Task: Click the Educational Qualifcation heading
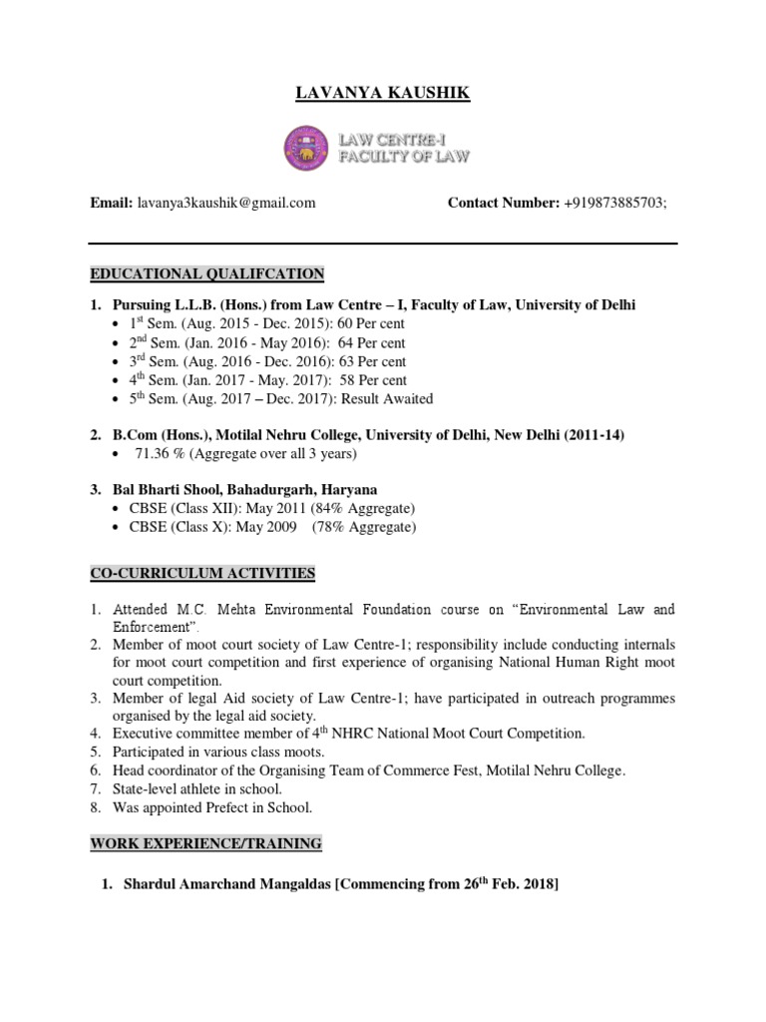[x=207, y=273]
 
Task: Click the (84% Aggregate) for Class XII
[x=360, y=509]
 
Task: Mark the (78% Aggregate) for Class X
[x=364, y=527]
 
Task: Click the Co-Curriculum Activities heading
[x=202, y=573]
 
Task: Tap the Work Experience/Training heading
[x=206, y=844]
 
